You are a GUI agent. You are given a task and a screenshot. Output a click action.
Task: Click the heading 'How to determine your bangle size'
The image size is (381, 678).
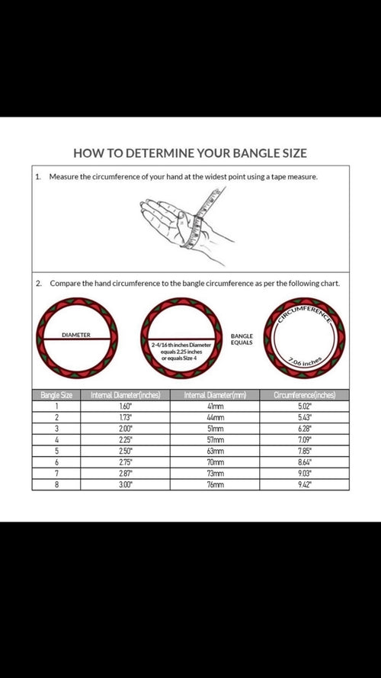coord(190,152)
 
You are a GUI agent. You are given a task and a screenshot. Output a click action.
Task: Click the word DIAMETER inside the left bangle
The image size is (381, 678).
coord(76,335)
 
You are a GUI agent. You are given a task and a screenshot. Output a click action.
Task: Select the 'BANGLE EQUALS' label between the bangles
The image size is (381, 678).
coord(242,339)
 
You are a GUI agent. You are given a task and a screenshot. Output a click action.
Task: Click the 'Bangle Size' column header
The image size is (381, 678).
coord(56,395)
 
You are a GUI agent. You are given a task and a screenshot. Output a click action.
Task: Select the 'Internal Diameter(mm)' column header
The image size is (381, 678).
coord(213,395)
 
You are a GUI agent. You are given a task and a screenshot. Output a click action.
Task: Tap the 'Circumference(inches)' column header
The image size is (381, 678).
coord(304,395)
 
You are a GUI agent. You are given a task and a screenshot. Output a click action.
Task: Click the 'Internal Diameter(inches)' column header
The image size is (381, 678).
coord(125,395)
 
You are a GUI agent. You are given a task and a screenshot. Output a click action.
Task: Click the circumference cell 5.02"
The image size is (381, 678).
coord(304,406)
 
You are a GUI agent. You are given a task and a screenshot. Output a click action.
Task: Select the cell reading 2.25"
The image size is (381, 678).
coord(125,439)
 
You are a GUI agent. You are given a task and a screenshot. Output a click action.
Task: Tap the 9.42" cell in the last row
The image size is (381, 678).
coord(304,484)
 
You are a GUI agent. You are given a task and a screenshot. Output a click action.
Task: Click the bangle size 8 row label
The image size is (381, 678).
coord(56,484)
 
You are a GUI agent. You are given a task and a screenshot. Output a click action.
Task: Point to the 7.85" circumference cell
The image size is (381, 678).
coord(304,451)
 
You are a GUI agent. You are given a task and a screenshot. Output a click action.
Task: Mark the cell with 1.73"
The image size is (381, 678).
coord(125,417)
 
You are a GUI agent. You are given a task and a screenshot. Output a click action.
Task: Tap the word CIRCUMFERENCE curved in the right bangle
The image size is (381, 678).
coord(304,313)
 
